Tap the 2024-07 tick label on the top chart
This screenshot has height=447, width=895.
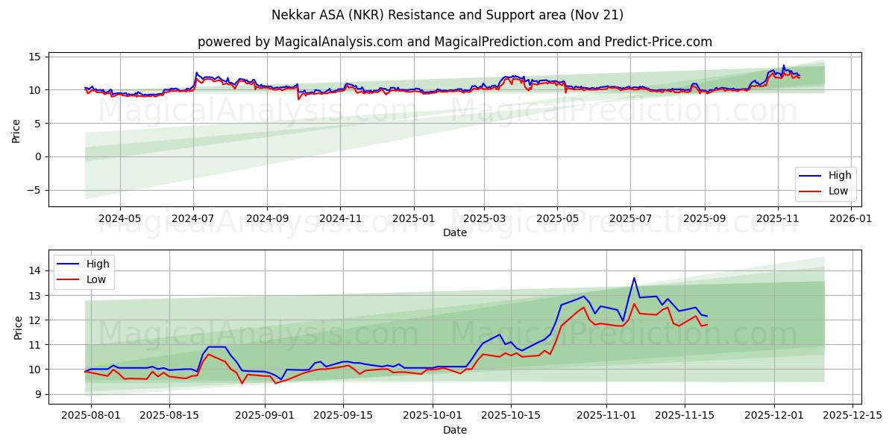pyautogui.click(x=193, y=220)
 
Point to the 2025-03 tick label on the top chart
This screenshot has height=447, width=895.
pyautogui.click(x=485, y=220)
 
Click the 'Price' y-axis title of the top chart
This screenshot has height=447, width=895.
pyautogui.click(x=16, y=131)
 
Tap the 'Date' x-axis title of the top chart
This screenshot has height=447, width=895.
pyautogui.click(x=454, y=232)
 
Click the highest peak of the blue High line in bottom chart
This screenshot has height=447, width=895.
pyautogui.click(x=634, y=278)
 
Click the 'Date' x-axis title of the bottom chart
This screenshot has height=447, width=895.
pyautogui.click(x=454, y=430)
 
